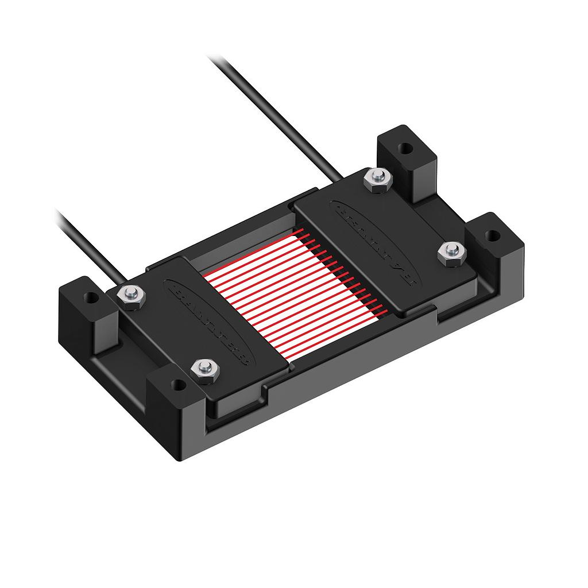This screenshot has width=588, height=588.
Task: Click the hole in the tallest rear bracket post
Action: pyautogui.click(x=405, y=148)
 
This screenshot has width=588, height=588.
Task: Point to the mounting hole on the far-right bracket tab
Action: pyautogui.click(x=492, y=235)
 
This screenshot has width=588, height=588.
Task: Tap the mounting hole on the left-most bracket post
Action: pyautogui.click(x=90, y=299)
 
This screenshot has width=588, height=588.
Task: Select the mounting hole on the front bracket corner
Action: pyautogui.click(x=178, y=384)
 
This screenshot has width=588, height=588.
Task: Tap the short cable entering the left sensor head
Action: pyautogui.click(x=86, y=242)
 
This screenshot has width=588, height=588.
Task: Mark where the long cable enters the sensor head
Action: pyautogui.click(x=342, y=178)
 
